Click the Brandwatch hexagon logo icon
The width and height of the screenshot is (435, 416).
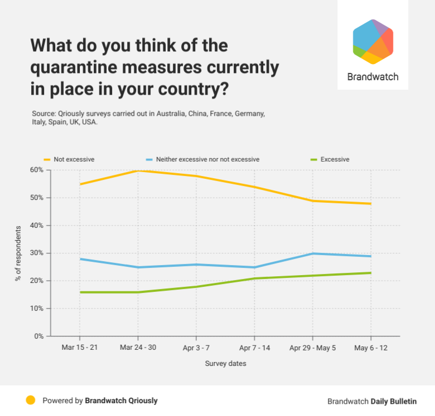coord(373,42)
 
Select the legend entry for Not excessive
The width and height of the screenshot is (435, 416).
coord(74,159)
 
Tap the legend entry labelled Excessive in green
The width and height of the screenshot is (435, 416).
coord(335,159)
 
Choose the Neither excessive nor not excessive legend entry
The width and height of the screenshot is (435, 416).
coord(207,159)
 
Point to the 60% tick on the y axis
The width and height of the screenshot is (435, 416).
coord(36,170)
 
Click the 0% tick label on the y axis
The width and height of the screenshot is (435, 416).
coord(38,336)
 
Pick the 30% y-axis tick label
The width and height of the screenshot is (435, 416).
coord(36,253)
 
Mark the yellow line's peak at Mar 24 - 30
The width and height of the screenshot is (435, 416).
coord(138,170)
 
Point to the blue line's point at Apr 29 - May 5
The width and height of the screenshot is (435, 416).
coord(313,253)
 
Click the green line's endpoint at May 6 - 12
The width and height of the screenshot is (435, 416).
coord(371,273)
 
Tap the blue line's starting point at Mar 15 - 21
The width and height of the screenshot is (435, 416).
coord(80,259)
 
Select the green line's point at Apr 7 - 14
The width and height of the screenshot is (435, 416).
coord(254,278)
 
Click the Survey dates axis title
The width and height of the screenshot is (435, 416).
coord(225,364)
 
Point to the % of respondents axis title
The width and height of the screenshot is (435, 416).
coord(19,253)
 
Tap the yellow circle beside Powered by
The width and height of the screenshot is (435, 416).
coord(31,400)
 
